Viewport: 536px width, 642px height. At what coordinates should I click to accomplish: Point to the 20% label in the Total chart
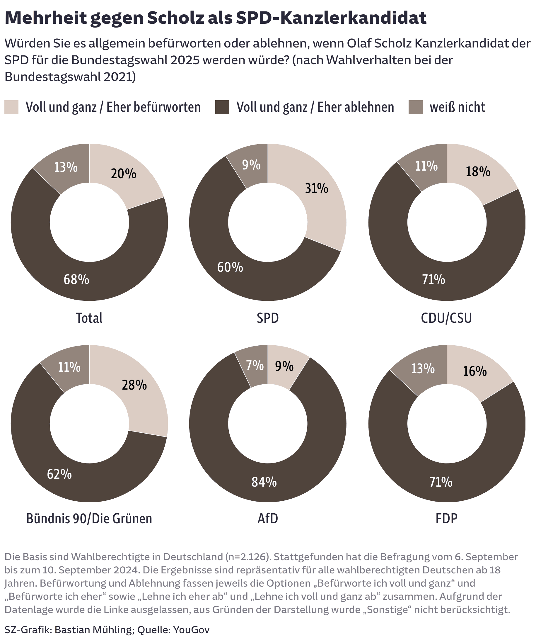click(123, 174)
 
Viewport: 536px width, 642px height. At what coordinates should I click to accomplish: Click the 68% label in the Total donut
click(76, 279)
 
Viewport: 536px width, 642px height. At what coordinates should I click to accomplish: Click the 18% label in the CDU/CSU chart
click(478, 171)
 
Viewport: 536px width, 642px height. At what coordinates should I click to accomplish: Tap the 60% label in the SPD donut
click(230, 267)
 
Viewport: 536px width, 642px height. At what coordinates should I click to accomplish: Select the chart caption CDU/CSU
click(446, 318)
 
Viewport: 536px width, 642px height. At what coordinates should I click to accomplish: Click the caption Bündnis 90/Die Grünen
click(89, 519)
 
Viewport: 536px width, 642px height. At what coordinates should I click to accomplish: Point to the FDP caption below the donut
click(446, 519)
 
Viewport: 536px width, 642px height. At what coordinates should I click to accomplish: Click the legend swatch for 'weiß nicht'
click(415, 107)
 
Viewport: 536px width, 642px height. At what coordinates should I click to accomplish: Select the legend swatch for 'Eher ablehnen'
click(222, 107)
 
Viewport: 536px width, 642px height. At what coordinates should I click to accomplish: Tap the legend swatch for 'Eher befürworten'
click(11, 107)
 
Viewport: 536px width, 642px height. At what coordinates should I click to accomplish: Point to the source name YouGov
click(191, 630)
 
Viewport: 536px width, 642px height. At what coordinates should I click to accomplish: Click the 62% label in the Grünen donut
click(59, 474)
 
